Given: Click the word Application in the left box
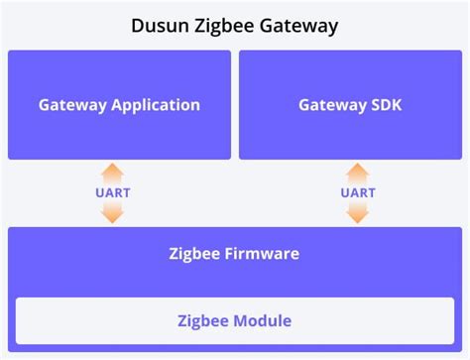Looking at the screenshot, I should click(154, 104).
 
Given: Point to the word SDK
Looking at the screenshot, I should click(384, 104).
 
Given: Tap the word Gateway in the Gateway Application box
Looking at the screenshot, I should click(70, 104).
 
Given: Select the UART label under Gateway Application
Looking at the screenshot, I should click(113, 192).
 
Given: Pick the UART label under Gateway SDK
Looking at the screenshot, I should click(358, 192).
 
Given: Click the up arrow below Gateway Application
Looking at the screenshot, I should click(113, 174).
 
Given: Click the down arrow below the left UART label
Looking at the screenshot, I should click(113, 211).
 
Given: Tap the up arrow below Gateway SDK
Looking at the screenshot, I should click(358, 174).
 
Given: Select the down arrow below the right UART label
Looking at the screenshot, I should click(358, 211).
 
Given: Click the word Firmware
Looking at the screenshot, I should click(262, 254).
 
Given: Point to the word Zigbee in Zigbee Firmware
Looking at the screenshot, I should click(195, 254).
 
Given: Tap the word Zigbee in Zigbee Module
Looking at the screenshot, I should click(202, 320).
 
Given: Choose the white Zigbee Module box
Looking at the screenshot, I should click(234, 320).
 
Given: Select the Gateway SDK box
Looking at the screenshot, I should click(350, 104).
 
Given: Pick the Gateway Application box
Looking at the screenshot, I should click(119, 104).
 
